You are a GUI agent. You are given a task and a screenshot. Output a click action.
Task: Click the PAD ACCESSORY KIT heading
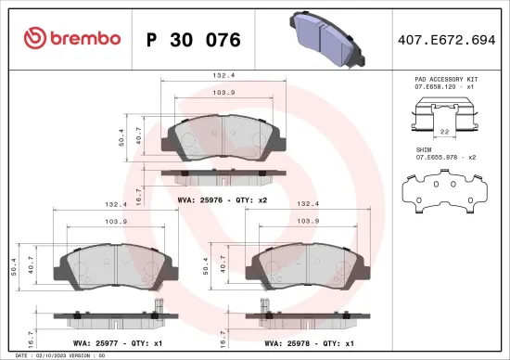[x=445, y=81]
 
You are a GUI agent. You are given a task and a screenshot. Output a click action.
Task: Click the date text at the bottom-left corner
[x=56, y=354]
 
